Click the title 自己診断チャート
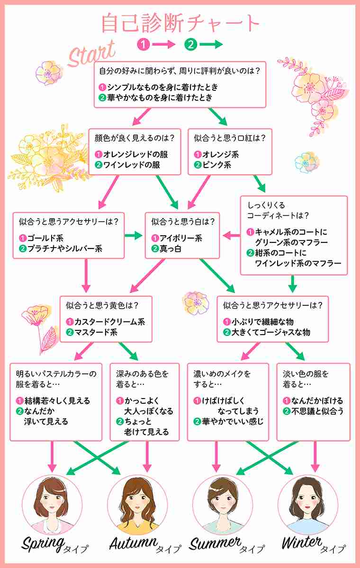tap(180, 23)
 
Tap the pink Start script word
tap(92, 54)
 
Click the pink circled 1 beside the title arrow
tap(144, 44)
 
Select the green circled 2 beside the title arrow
tap(191, 44)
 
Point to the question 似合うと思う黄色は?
tap(102, 305)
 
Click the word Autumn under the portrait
tap(134, 542)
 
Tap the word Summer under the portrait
tap(215, 543)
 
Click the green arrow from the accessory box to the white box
tap(134, 236)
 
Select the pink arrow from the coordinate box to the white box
tap(231, 235)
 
